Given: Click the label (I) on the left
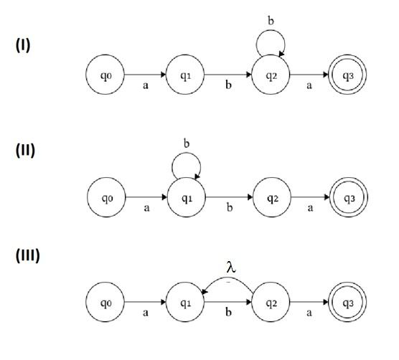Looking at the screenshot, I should click(24, 44).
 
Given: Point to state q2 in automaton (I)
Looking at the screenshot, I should click(270, 74).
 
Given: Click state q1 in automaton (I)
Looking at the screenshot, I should click(186, 74).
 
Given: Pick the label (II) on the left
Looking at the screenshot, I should click(25, 150).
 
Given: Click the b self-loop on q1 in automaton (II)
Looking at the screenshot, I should click(186, 167).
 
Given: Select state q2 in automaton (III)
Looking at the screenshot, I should click(270, 303).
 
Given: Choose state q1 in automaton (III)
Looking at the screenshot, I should click(186, 303).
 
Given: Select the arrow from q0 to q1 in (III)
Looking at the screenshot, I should click(145, 303).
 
